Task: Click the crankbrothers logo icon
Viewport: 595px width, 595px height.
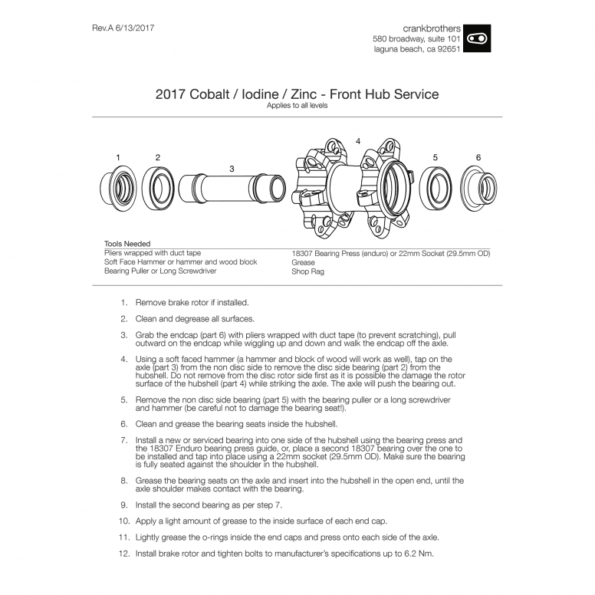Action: [x=477, y=38]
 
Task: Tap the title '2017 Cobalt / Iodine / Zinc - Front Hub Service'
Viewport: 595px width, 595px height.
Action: [x=297, y=94]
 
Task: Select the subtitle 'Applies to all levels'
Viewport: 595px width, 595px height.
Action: [x=297, y=106]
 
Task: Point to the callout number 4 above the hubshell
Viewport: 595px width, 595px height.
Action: [x=357, y=142]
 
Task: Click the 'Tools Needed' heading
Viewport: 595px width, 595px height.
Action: [x=127, y=244]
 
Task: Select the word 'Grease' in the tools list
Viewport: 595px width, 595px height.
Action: [x=304, y=262]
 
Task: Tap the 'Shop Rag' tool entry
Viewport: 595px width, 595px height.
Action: [x=307, y=271]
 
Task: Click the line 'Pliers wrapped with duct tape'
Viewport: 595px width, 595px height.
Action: [x=153, y=253]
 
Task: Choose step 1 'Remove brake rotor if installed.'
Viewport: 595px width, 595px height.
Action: [x=192, y=303]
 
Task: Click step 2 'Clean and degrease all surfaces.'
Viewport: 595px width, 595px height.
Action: [x=195, y=318]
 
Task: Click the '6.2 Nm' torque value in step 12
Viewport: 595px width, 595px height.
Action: [x=418, y=553]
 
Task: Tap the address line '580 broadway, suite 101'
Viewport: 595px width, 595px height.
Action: [x=416, y=38]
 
